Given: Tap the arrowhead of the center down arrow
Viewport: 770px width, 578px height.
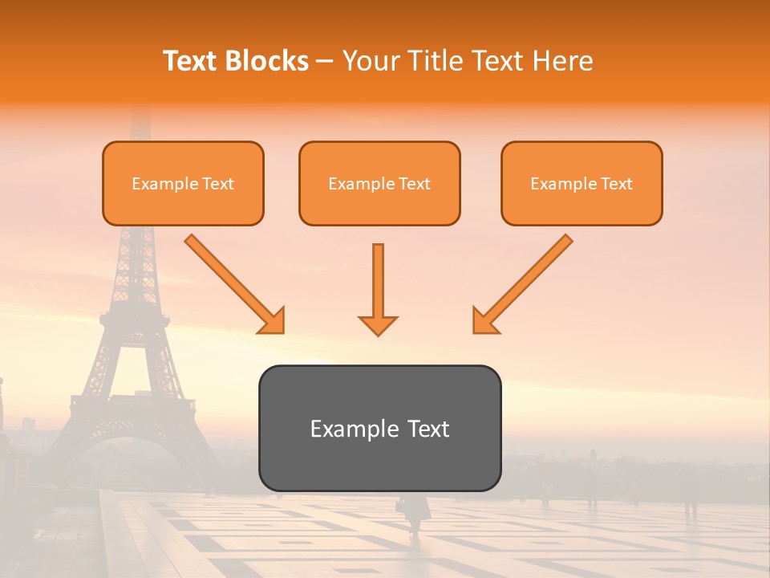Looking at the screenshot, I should pyautogui.click(x=378, y=324).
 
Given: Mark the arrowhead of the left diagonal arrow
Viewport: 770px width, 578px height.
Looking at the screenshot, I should pyautogui.click(x=272, y=320).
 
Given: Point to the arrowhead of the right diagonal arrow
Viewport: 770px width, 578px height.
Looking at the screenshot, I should pyautogui.click(x=485, y=320).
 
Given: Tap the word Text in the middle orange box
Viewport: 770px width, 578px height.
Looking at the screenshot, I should pyautogui.click(x=415, y=184).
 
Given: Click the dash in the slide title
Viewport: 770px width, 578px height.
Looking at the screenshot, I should pyautogui.click(x=325, y=61).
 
